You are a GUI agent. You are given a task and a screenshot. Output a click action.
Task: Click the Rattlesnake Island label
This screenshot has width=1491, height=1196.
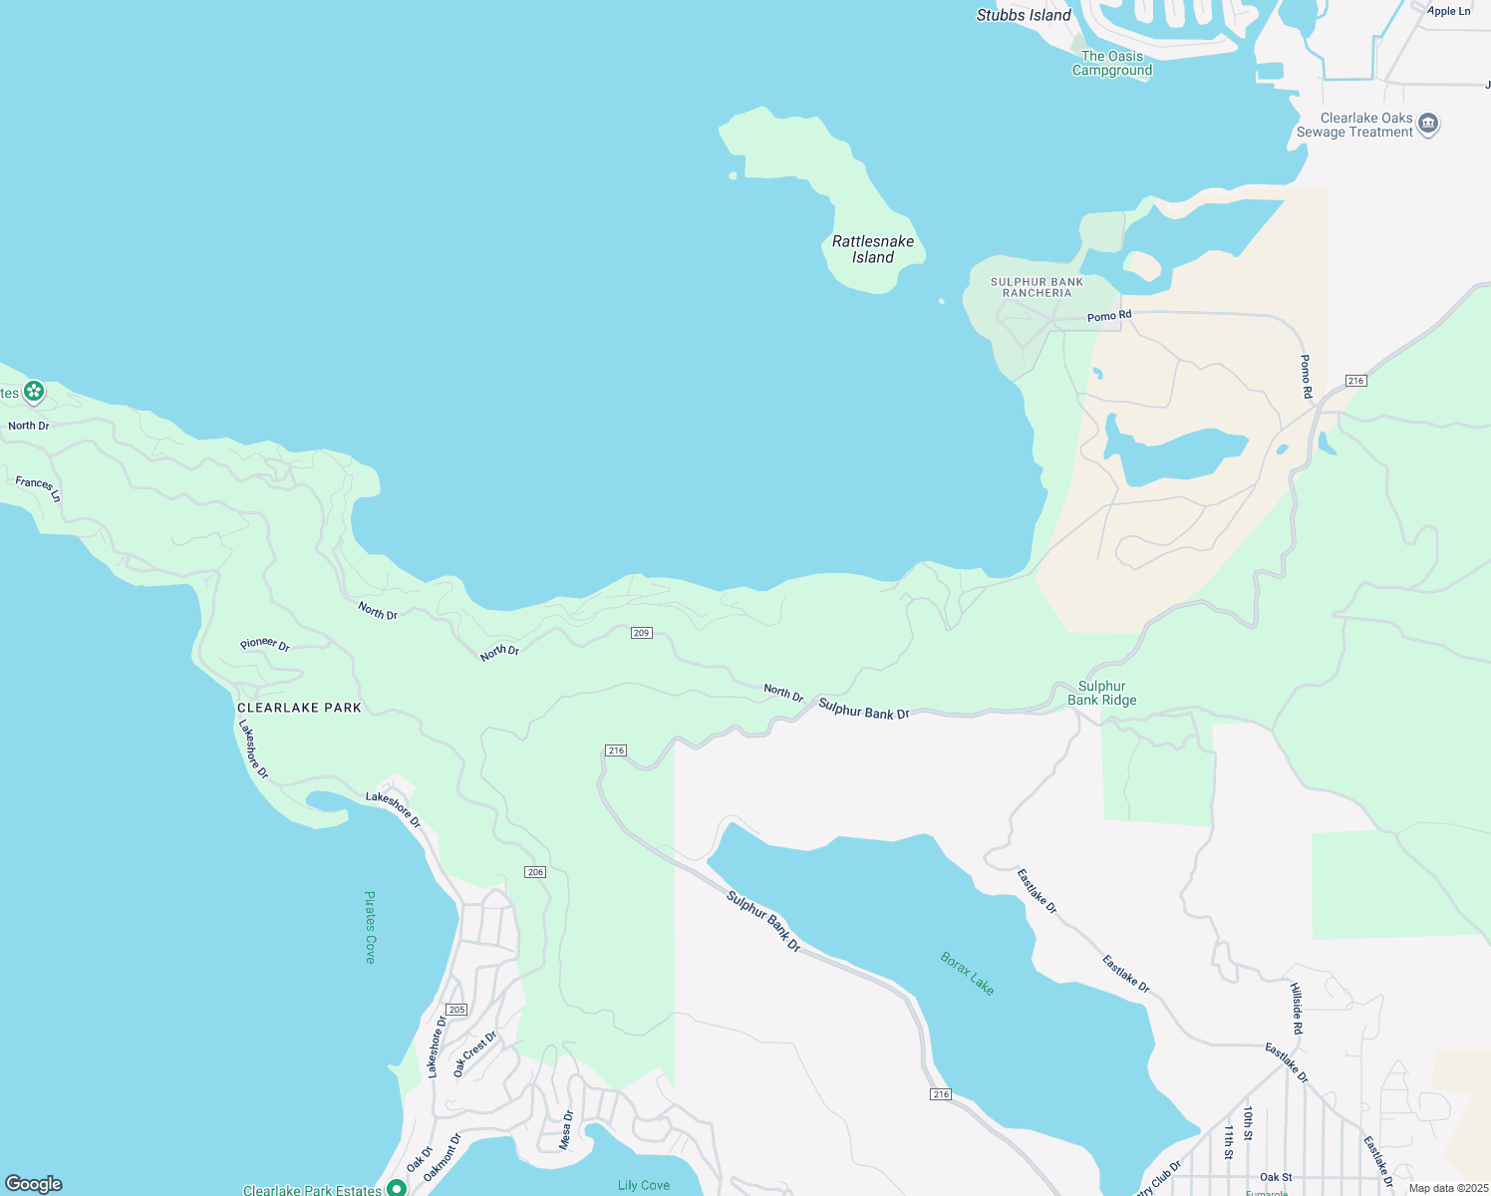click(x=873, y=249)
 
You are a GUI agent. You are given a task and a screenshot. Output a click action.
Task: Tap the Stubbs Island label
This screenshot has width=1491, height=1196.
click(x=1024, y=15)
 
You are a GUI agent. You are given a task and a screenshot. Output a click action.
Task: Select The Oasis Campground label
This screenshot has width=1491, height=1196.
click(x=1112, y=63)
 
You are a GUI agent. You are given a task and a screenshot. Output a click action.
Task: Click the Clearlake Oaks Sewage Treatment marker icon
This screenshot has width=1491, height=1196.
click(x=1428, y=125)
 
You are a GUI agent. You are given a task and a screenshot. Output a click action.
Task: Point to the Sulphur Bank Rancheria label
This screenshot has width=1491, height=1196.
click(x=1037, y=287)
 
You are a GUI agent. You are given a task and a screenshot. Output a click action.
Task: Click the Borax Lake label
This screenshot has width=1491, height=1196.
click(x=968, y=973)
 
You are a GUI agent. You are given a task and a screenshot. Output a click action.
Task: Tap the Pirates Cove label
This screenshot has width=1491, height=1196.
click(x=370, y=927)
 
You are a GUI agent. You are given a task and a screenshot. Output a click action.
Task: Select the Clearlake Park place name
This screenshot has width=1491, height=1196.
click(x=299, y=708)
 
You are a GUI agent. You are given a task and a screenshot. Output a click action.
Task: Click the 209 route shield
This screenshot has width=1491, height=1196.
click(x=641, y=633)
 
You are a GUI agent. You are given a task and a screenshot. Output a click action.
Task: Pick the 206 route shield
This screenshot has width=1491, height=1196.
click(x=535, y=872)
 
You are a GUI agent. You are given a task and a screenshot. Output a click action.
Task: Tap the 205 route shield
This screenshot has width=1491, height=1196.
click(x=456, y=1010)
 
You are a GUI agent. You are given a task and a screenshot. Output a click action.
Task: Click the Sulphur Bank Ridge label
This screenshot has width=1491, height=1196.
click(x=1102, y=693)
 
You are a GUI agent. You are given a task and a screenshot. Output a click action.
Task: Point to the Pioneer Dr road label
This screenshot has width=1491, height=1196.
click(x=265, y=644)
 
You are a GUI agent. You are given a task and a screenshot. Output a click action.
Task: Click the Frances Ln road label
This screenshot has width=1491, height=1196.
click(x=39, y=488)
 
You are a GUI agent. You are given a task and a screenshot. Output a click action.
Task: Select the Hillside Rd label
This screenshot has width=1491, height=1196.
click(x=1297, y=1008)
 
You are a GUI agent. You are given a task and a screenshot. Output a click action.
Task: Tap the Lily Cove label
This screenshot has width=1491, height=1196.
click(x=644, y=1185)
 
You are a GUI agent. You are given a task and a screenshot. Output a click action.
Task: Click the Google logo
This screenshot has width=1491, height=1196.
click(x=34, y=1184)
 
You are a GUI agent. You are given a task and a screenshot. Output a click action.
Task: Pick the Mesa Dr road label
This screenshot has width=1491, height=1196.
click(x=566, y=1129)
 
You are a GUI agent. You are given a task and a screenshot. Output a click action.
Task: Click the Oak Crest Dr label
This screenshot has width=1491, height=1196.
click(x=474, y=1053)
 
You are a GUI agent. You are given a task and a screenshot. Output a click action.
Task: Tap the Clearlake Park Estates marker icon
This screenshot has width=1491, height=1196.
click(x=396, y=1188)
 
